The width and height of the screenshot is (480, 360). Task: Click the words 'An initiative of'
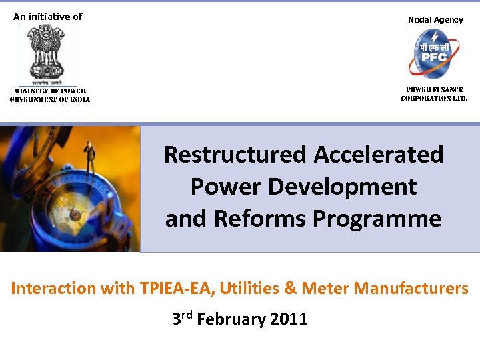[48, 17]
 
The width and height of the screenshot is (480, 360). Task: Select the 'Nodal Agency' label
[435, 20]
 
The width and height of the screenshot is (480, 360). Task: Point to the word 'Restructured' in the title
[236, 155]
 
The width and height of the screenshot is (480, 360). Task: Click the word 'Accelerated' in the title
[379, 155]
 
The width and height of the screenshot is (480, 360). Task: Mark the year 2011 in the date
[289, 319]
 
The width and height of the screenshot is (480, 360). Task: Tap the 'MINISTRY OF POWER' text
[50, 91]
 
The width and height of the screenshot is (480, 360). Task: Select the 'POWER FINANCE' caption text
[435, 90]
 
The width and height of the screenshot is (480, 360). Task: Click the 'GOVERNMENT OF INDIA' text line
[50, 99]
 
